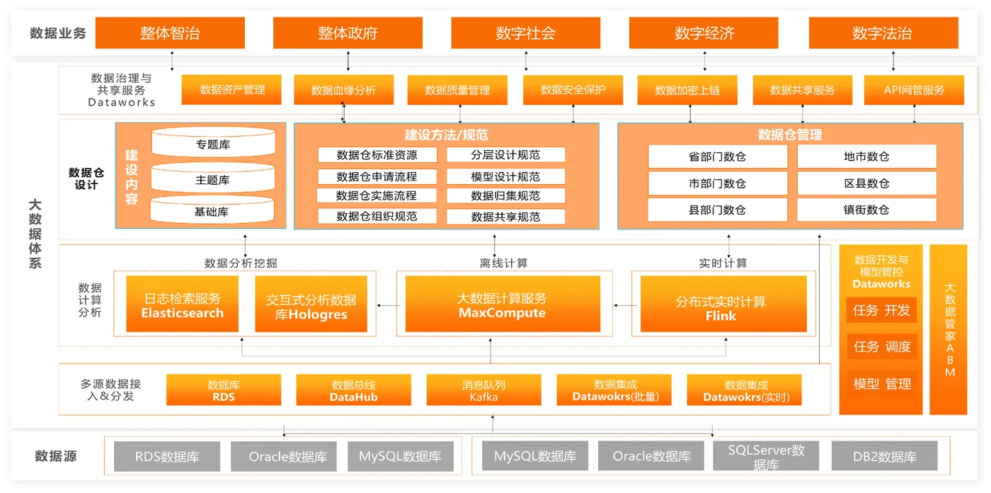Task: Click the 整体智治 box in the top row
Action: [x=170, y=33]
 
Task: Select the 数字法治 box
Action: [x=882, y=33]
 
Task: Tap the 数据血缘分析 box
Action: [x=343, y=90]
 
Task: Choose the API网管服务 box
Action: [x=914, y=90]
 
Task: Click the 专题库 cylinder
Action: [x=212, y=144]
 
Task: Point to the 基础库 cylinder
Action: [x=212, y=211]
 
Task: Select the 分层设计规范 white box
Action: [x=505, y=155]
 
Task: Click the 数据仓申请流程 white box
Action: [x=377, y=176]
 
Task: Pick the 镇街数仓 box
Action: [x=866, y=210]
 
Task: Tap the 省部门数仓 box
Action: [x=717, y=157]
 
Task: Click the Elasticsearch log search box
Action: [x=183, y=305]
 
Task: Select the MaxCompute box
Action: [x=502, y=305]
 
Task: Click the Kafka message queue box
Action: [x=483, y=390]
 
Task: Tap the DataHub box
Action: [x=353, y=390]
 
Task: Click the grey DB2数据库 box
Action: [x=884, y=457]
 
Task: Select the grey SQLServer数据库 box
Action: [x=766, y=457]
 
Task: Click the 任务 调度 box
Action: [x=882, y=346]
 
